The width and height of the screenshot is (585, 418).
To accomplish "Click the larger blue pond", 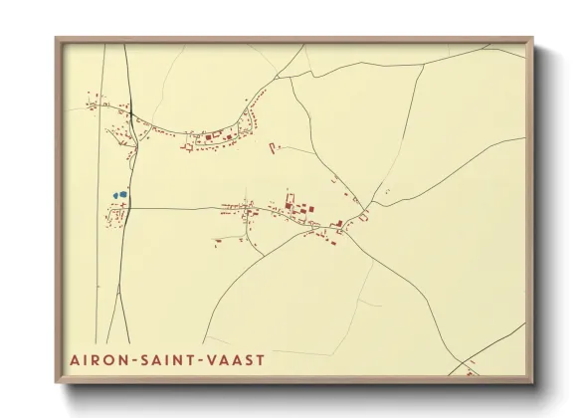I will (122, 194).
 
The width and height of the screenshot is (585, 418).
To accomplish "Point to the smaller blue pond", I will (114, 195).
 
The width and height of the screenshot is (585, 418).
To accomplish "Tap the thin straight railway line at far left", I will (99, 249).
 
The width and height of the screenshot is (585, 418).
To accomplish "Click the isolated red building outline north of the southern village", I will (273, 148).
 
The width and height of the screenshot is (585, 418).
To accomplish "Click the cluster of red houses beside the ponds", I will (117, 213).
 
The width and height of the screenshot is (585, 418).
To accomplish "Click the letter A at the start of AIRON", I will (76, 358).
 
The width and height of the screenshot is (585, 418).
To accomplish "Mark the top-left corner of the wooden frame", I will (57, 40).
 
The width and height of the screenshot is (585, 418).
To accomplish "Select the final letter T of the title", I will (262, 358).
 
